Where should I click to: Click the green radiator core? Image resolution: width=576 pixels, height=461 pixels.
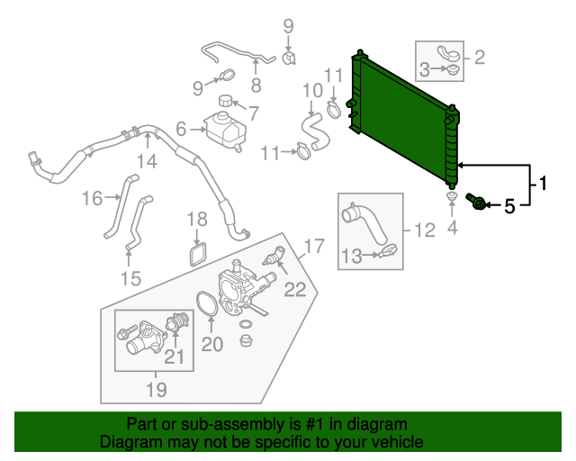405,113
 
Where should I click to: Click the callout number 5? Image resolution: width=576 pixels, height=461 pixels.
509,206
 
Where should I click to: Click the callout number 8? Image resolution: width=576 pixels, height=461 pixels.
256,86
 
